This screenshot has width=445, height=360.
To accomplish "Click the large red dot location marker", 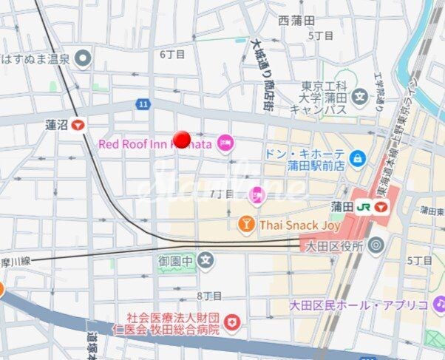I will (x=183, y=139).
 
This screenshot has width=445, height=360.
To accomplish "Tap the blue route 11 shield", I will (x=142, y=105).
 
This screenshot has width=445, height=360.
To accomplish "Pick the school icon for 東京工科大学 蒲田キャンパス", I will (x=360, y=95).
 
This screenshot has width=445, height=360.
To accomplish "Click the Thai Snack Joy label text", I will (x=299, y=225).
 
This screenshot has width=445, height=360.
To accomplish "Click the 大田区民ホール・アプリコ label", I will (x=359, y=304).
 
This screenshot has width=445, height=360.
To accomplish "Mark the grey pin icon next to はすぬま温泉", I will (x=84, y=57).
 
